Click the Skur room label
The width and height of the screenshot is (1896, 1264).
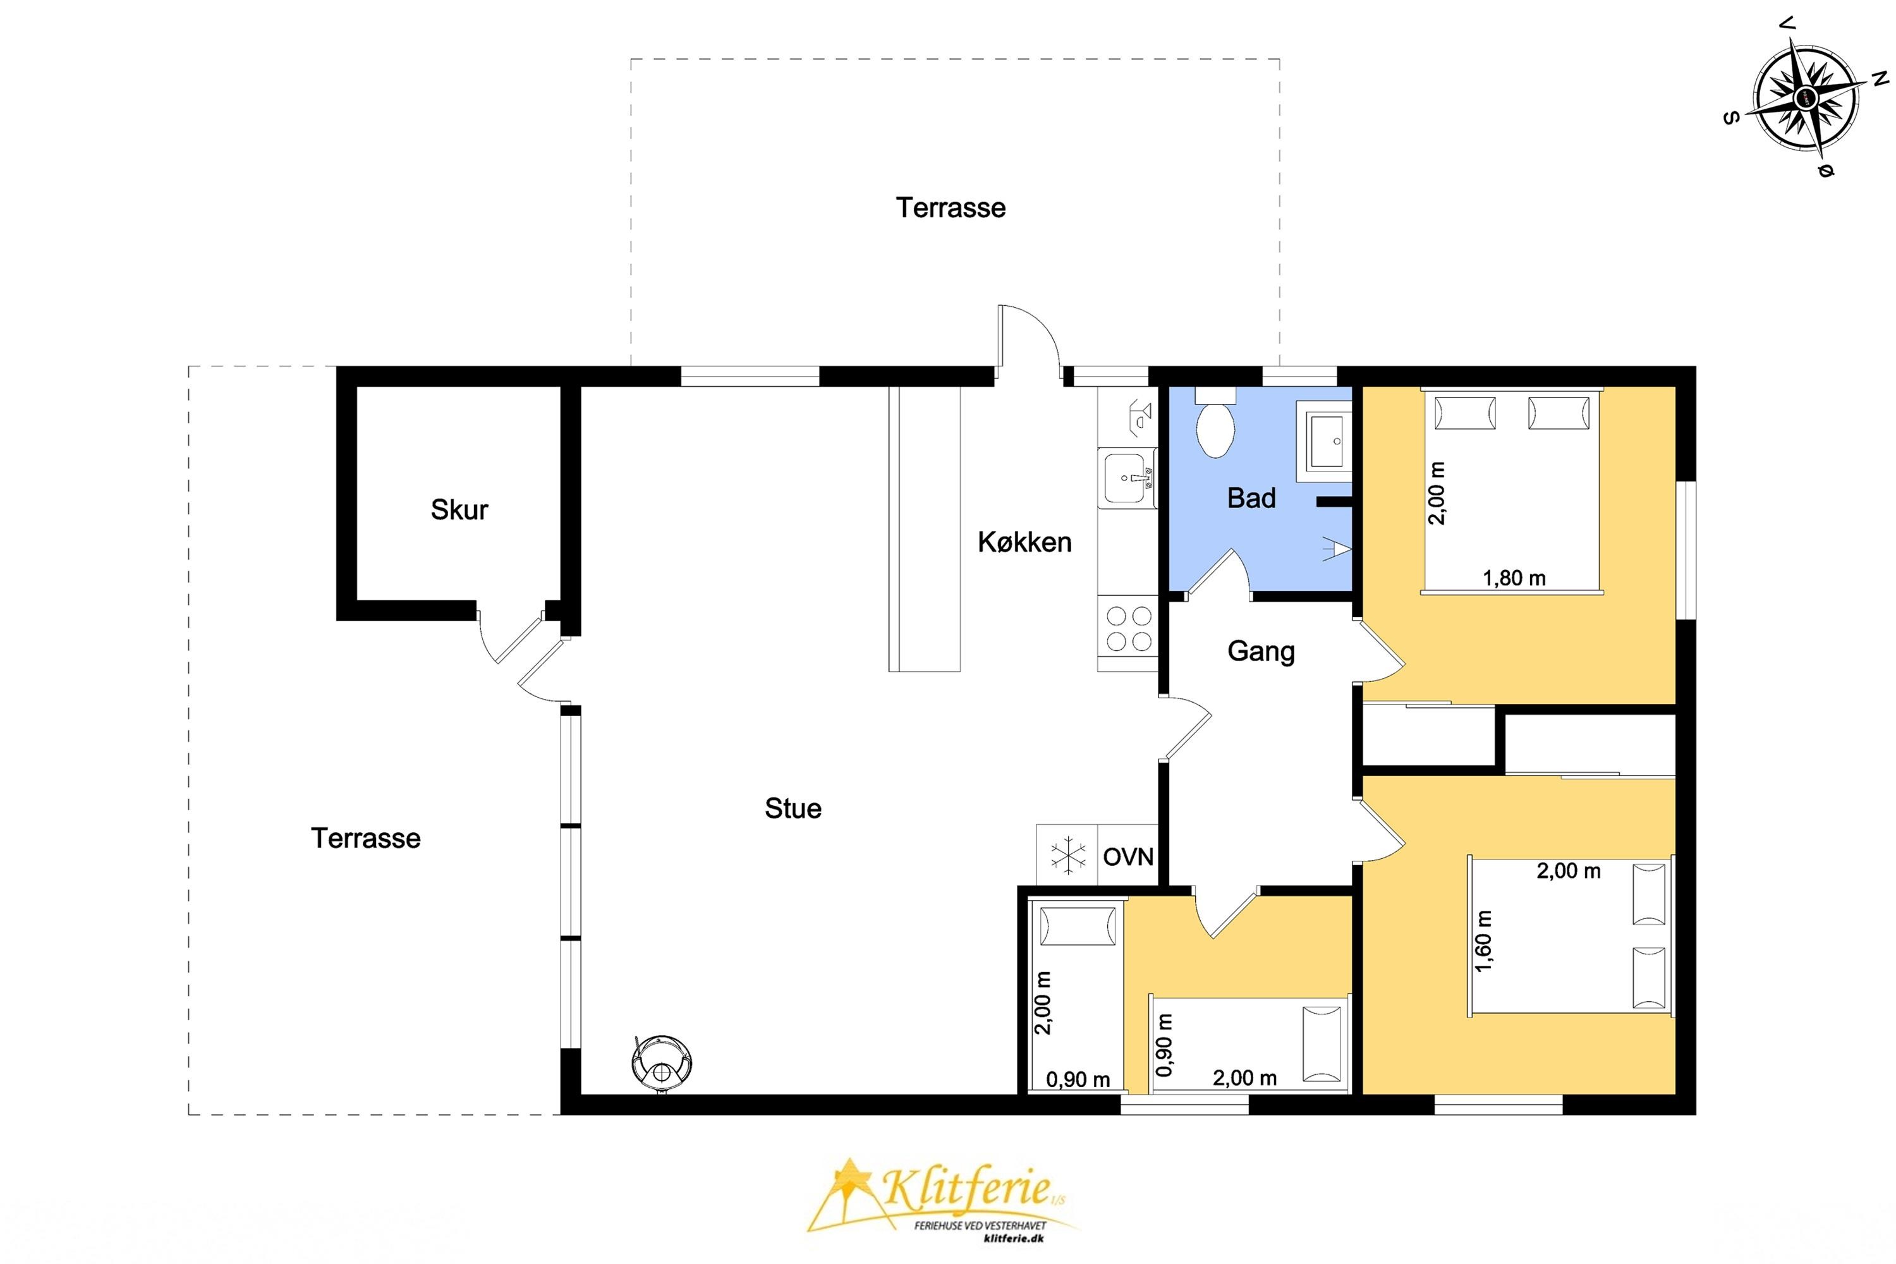459,509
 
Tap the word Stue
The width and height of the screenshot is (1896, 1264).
793,808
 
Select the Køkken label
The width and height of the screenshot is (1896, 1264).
1024,542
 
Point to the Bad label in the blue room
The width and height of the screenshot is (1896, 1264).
1251,498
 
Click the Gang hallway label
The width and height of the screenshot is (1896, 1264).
1261,652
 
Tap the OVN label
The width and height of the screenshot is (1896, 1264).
1127,857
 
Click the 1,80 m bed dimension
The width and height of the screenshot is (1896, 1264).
1514,578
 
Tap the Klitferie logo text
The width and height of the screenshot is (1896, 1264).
968,1188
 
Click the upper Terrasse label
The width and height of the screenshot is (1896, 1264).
951,208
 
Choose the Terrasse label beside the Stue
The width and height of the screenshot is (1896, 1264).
365,839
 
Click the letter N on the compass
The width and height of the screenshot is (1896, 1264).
1880,78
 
